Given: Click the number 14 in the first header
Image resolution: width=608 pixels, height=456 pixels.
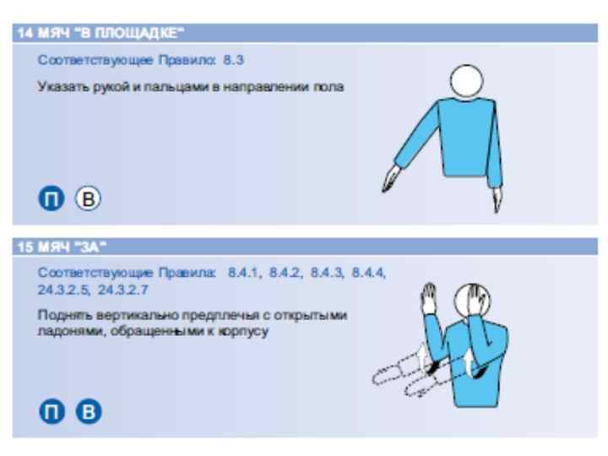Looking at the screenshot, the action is (25, 33).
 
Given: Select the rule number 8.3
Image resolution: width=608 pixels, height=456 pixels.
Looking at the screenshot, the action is (233, 60).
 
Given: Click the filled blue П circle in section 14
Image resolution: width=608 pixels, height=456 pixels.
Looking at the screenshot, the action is (52, 198).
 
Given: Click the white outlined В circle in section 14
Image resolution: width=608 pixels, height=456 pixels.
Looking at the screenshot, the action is (88, 198).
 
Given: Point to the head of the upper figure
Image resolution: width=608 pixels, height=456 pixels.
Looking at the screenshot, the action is (467, 81).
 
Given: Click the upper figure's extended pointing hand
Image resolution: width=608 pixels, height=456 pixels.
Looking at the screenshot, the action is (391, 178).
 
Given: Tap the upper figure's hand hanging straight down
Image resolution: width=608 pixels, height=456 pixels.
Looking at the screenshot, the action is (497, 200).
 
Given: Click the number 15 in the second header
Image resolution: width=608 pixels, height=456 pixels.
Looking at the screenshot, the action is (25, 247).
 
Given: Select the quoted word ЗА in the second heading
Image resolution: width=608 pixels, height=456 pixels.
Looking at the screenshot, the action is (90, 247).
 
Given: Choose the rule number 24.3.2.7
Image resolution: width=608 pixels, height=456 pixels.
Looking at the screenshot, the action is (123, 290).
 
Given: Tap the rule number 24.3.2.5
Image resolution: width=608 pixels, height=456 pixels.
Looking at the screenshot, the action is (64, 290).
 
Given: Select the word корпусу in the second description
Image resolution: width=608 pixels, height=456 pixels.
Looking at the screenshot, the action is (243, 332).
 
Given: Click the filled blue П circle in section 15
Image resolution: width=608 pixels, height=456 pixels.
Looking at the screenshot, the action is (52, 411).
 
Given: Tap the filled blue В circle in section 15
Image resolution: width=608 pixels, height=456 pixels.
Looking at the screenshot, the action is (89, 411).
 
